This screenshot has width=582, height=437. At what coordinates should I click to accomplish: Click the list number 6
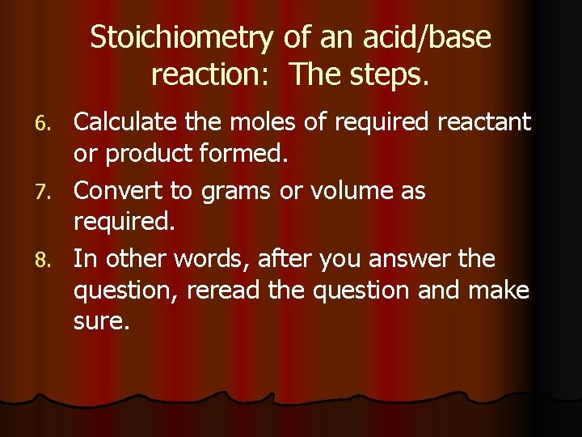coord(57,124)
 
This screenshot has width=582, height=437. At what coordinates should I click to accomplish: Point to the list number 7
coord(57,193)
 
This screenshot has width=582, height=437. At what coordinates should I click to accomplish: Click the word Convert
coord(119,191)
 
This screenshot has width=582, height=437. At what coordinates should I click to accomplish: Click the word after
coord(285,259)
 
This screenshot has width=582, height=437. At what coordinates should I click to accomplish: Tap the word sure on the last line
coord(99,322)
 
